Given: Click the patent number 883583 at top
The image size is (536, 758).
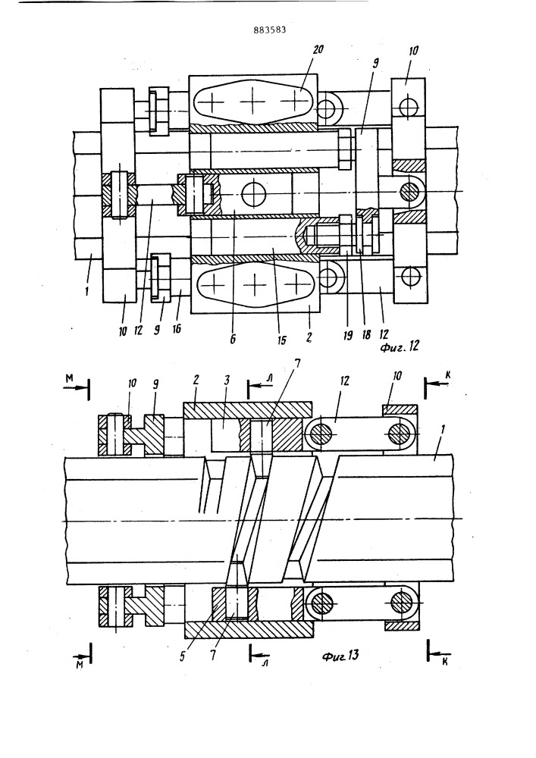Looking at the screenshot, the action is [270, 30].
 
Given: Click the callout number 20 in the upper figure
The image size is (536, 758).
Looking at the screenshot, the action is [318, 49].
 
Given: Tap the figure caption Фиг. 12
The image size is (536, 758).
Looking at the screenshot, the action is [400, 346].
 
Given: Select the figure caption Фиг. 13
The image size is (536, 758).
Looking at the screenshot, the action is [340, 656].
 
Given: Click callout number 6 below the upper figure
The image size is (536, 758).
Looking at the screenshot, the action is [233, 339].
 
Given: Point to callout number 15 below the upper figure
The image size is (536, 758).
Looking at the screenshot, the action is [282, 340].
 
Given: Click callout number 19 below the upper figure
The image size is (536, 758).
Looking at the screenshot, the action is [348, 336].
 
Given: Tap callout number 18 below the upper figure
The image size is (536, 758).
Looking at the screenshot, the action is [366, 335].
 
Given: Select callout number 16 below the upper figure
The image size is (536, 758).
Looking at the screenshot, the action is [177, 329].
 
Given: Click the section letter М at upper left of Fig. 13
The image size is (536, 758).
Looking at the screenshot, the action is [69, 379].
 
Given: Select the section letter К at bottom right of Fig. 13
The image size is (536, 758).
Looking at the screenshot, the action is [445, 661].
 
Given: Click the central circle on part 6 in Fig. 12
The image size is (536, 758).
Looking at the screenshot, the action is [254, 195].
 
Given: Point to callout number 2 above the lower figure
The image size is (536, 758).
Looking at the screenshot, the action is [196, 380].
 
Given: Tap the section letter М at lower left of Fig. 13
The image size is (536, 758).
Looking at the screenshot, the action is [80, 666].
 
